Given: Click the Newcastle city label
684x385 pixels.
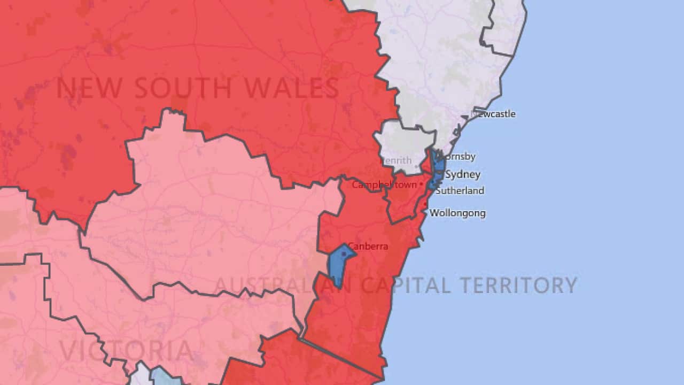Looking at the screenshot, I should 494,114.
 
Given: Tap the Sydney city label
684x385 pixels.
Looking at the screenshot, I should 462,174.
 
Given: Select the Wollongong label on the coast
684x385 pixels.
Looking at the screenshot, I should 457,213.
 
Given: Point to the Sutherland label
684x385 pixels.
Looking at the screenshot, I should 460,190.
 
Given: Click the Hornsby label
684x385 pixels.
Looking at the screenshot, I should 456,157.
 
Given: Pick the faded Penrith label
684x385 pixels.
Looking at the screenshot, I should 396,160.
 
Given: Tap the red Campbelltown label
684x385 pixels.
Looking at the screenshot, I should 384,184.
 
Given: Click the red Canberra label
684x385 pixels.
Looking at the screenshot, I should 368,247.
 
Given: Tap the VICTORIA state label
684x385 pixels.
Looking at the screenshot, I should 126,351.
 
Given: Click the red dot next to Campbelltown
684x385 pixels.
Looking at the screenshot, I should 421,184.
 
